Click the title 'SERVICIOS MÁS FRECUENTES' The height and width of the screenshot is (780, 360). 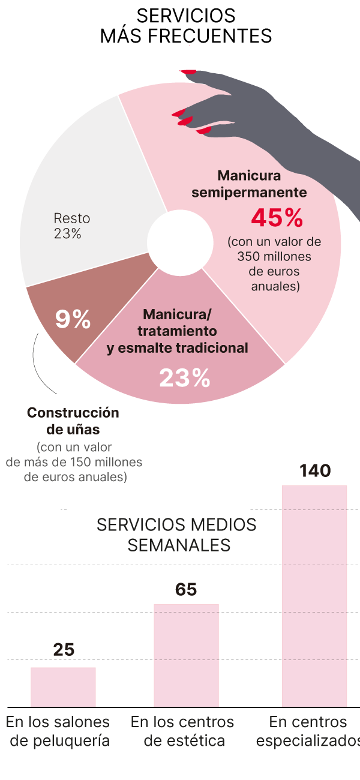[185, 26]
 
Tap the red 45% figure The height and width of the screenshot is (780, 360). [277, 218]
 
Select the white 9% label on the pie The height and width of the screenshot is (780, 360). [73, 319]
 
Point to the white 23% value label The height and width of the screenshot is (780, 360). [184, 378]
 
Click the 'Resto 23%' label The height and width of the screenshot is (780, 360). [67, 226]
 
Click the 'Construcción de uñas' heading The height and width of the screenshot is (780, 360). [73, 421]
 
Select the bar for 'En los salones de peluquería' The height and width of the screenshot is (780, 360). [63, 687]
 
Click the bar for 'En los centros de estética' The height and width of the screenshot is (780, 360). [186, 655]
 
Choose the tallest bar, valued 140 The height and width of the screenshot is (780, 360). [314, 596]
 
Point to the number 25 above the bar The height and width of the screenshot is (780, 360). [64, 650]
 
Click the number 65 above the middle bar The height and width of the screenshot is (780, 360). [186, 590]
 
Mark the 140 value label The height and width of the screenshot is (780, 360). [315, 471]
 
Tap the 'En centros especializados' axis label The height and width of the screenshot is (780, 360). [308, 731]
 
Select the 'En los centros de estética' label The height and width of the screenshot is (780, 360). [182, 731]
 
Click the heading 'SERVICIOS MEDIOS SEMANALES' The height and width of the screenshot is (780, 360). [176, 534]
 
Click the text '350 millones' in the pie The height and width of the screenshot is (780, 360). [274, 257]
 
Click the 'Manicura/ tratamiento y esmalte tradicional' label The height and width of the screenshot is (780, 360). [177, 331]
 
